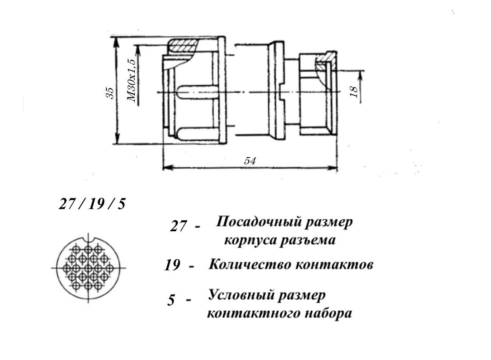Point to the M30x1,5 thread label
pyautogui.click(x=132, y=80)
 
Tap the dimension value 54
pyautogui.click(x=250, y=161)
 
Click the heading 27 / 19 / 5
pyautogui.click(x=92, y=204)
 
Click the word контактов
pyautogui.click(x=334, y=265)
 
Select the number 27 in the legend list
pyautogui.click(x=178, y=226)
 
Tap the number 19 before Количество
pyautogui.click(x=172, y=266)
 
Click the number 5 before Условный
pyautogui.click(x=171, y=300)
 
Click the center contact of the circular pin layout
pyautogui.click(x=88, y=268)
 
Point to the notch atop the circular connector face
pyautogui.click(x=89, y=240)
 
